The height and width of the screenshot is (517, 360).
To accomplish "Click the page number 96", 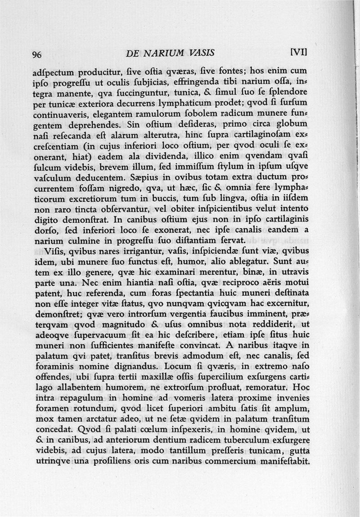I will pyautogui.click(x=37, y=55).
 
